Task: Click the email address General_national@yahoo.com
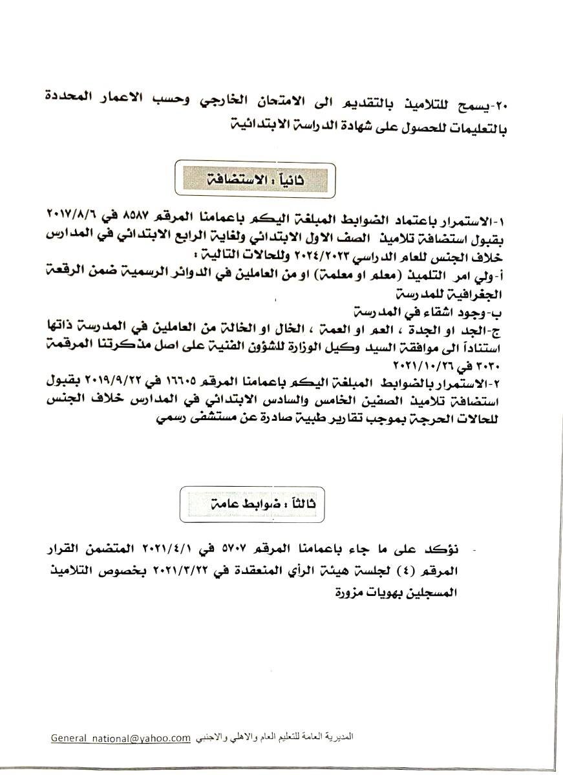(120, 738)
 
